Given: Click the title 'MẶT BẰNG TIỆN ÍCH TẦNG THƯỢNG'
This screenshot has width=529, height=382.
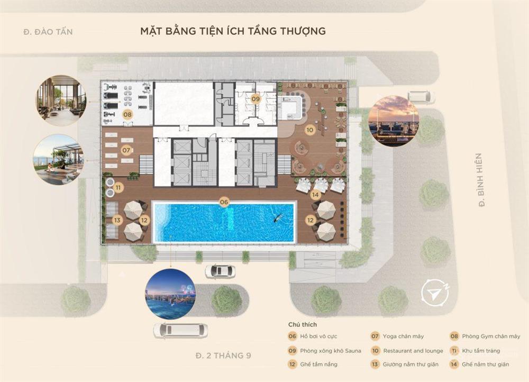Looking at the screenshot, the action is click(233, 31).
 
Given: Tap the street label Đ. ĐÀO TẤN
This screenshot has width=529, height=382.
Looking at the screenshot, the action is click(48, 31).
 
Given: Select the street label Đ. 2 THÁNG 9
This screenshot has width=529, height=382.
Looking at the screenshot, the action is click(223, 356).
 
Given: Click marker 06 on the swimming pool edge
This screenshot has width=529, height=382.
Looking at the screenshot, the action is click(224, 202).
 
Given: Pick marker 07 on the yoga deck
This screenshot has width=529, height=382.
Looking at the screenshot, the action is click(126, 150).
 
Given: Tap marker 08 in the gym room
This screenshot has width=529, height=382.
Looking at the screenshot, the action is click(127, 114).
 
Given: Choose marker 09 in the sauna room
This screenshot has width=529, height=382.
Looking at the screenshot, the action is click(256, 99).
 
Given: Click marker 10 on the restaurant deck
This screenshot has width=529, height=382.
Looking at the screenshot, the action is click(309, 130).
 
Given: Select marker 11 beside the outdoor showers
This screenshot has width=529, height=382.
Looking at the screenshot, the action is click(118, 187).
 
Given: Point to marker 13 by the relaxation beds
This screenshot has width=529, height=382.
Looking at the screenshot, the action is click(117, 220).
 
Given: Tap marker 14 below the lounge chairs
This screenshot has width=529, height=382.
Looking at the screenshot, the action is click(315, 195).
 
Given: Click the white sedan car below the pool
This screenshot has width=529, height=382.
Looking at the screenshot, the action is click(220, 271).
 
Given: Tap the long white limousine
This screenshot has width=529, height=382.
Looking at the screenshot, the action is click(180, 330).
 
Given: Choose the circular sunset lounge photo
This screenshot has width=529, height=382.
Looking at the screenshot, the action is click(394, 122).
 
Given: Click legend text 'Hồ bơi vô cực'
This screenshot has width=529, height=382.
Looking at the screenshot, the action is click(318, 336).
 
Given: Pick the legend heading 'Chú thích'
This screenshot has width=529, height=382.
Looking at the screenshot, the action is click(303, 325).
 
